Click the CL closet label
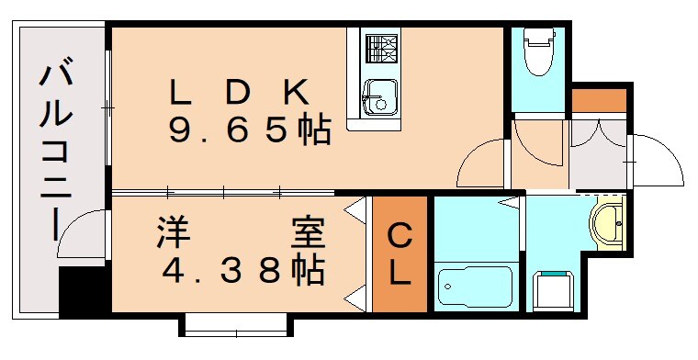(x=400, y=254)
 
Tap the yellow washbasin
(x=605, y=222)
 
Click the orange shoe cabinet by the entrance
(x=598, y=99)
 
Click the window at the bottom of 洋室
(x=235, y=323)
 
